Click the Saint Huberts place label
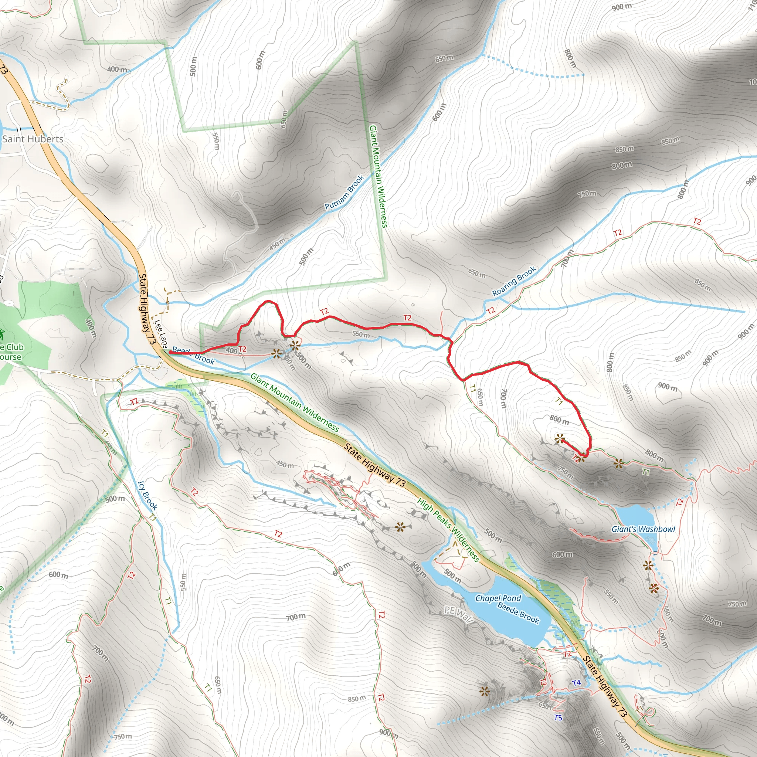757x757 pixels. coord(33,139)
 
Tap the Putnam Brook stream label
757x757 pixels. coord(344,192)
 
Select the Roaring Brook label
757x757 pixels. coord(514,281)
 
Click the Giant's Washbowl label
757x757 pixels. coord(644,529)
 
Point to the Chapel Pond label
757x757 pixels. coord(498,598)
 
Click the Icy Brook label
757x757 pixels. coord(148,496)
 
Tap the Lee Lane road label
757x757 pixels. coord(161,333)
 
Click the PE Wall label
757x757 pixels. coord(459,615)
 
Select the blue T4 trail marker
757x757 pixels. coord(576,683)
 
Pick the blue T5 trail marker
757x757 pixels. coord(558,718)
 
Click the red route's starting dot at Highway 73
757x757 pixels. coord(170,353)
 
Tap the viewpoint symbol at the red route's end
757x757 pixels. coord(559,439)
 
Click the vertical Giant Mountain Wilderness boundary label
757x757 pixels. coord(378,176)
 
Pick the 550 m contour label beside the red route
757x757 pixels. coord(360,335)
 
